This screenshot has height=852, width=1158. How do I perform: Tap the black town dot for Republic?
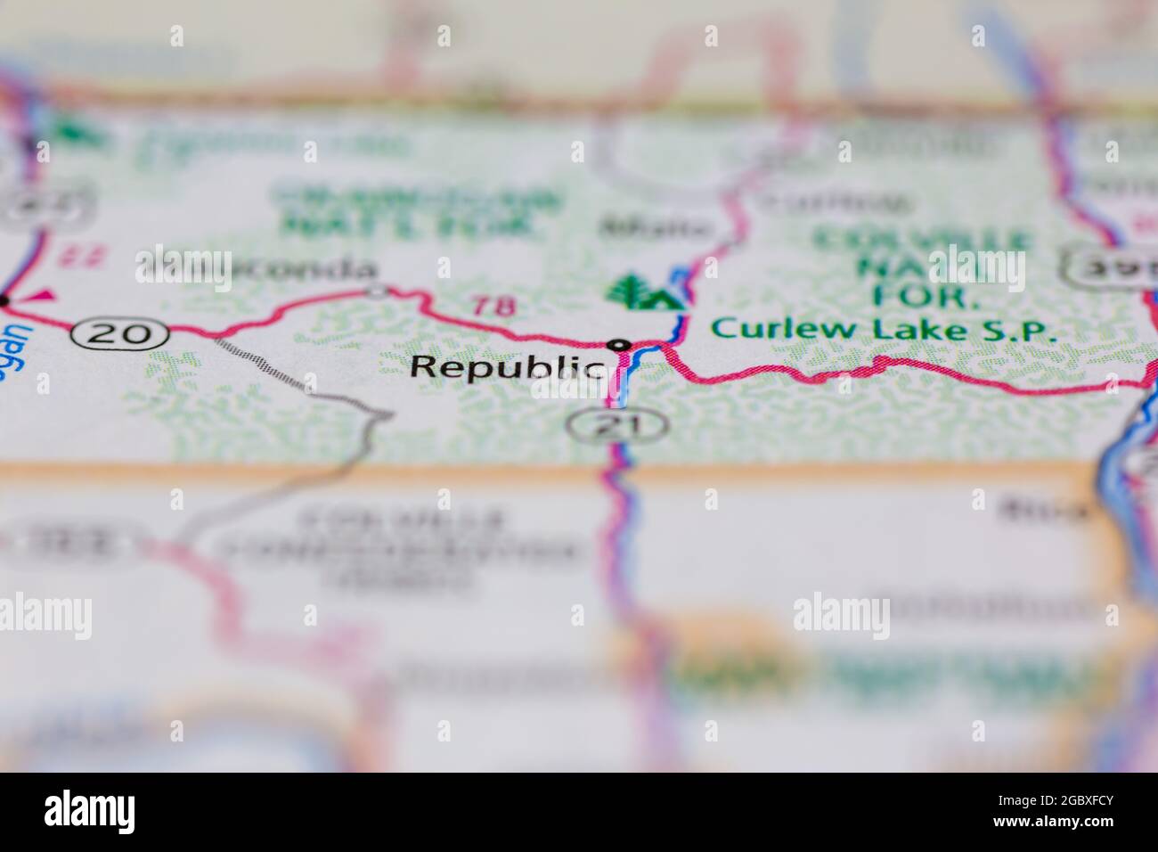[619, 345]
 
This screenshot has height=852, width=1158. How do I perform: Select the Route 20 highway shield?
[121, 333]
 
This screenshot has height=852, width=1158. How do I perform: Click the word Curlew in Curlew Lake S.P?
[764, 329]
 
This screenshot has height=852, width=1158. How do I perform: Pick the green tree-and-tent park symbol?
[640, 292]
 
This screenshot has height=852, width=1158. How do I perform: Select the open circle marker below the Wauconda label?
[378, 291]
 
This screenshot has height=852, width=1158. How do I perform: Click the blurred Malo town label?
[656, 227]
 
